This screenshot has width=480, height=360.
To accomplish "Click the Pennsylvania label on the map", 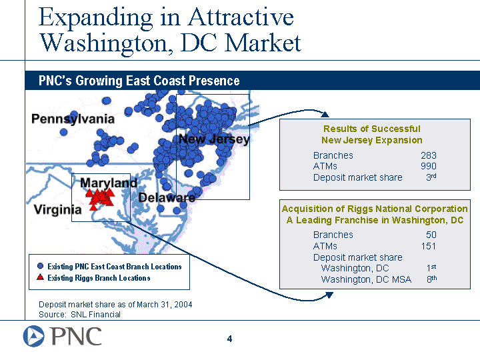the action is (73, 119).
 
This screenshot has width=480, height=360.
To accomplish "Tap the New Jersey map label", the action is (214, 139).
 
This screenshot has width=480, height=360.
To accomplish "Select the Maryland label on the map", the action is (109, 183).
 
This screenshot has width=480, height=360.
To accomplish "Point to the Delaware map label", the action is (167, 197).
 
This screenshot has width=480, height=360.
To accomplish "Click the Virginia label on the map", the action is (57, 210).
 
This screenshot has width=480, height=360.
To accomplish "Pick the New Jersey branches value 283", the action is (429, 155).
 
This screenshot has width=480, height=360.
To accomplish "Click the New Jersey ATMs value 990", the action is (429, 166).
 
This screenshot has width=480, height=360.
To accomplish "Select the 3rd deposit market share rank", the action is (431, 177).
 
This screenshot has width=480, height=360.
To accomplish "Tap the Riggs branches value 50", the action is (431, 235).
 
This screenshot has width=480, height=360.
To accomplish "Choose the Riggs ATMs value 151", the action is (429, 246).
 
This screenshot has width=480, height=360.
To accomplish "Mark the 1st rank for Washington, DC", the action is (431, 268).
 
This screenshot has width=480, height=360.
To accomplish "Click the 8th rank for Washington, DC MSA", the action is (431, 279).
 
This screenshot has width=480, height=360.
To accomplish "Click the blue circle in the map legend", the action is (40, 266).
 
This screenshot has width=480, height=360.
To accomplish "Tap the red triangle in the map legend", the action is (40, 277).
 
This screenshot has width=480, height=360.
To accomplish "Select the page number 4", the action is (229, 339).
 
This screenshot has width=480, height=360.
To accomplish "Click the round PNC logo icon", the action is (34, 336).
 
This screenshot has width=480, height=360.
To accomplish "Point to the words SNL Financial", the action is (95, 315).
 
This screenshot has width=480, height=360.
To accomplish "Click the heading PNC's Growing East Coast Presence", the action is (139, 81).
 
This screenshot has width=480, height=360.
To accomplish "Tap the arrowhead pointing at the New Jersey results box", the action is (325, 115).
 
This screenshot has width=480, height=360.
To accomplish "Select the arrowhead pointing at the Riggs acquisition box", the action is (329, 295).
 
